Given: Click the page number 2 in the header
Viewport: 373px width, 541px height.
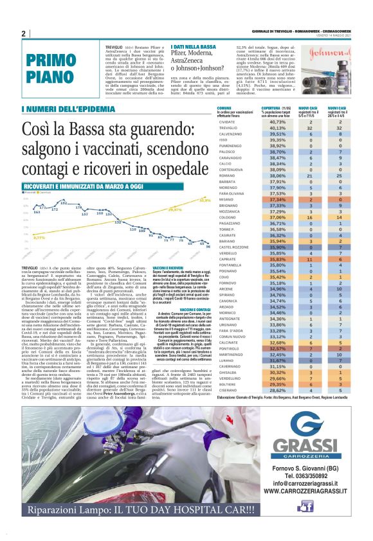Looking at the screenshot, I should [x=23, y=34].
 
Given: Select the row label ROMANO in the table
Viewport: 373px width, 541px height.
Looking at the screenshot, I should [x=227, y=175].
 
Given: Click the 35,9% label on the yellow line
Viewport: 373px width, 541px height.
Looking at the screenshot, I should [x=205, y=200].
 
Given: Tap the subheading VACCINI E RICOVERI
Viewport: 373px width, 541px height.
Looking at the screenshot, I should [x=167, y=267].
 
